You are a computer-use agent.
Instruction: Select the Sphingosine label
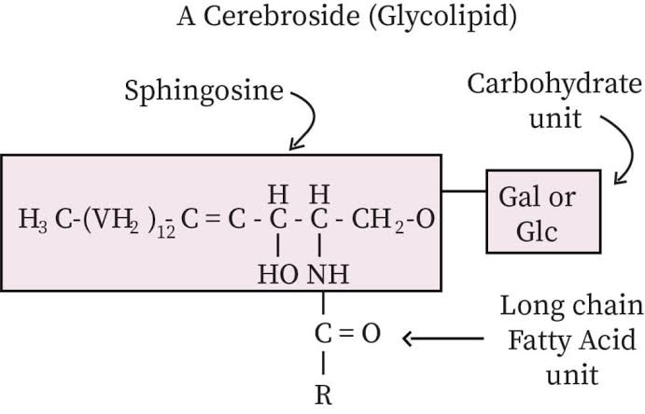(x=205, y=92)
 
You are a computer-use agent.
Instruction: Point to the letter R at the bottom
(x=324, y=394)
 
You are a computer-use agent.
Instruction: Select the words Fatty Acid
(x=572, y=339)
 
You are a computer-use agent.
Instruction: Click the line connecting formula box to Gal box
(x=465, y=192)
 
